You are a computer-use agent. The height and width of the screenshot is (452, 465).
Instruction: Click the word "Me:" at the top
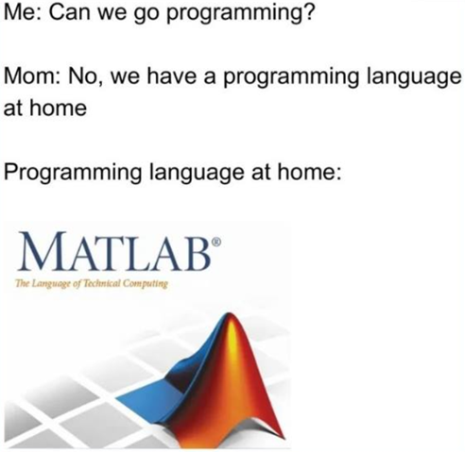point(22,18)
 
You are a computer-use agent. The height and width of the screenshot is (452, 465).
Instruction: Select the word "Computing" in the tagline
point(145,284)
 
